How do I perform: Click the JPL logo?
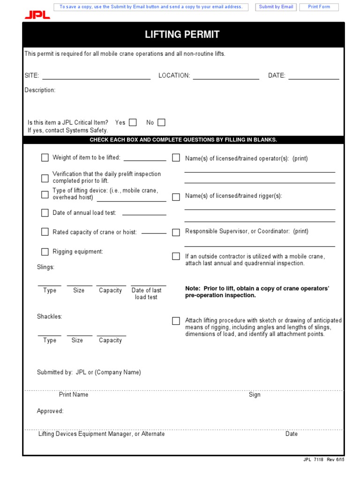[37, 15]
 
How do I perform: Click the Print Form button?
[319, 7]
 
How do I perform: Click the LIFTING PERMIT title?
[182, 35]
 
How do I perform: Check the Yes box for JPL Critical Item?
[133, 122]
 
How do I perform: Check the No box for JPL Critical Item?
[161, 122]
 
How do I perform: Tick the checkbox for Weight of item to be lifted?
[45, 157]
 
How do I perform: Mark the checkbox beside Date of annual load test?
[45, 213]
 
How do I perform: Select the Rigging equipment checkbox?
[45, 252]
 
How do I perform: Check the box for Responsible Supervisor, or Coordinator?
[176, 232]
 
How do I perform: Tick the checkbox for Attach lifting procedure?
[176, 321]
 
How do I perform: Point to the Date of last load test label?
[146, 293]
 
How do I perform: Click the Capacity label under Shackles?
[110, 340]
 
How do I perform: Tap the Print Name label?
[74, 395]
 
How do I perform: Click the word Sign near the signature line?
[255, 395]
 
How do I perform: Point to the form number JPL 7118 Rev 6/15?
[323, 460]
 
